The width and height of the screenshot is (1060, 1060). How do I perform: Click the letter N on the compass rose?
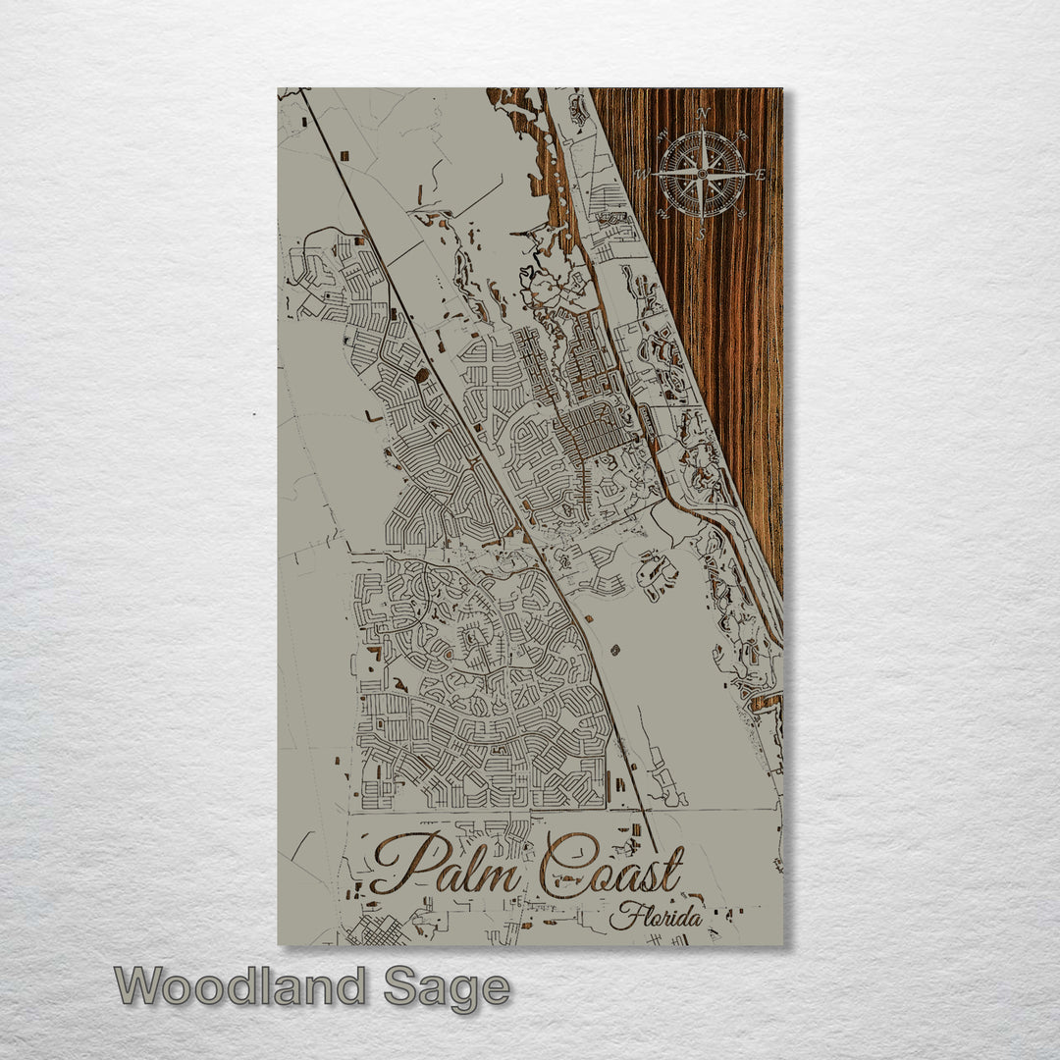point(703,113)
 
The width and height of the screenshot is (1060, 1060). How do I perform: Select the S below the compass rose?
point(702,235)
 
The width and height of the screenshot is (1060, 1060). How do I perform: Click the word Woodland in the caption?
point(241,986)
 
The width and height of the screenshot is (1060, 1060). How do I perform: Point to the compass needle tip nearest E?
point(752,175)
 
